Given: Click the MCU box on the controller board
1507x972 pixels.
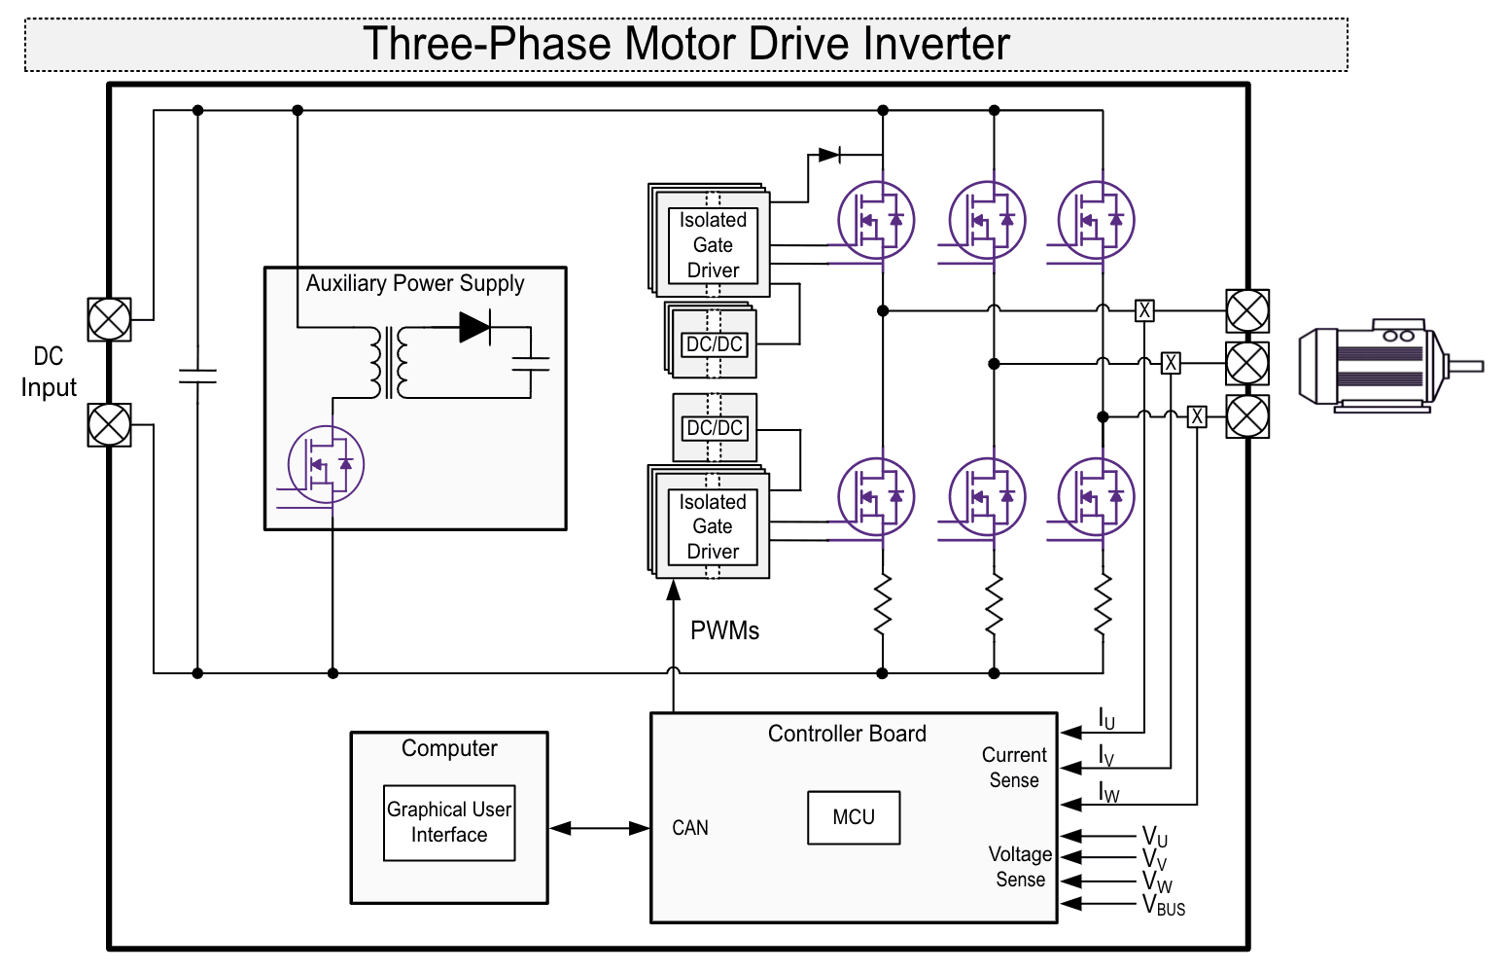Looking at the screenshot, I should pos(853,817).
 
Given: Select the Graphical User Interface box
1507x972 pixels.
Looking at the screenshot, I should pos(448,822).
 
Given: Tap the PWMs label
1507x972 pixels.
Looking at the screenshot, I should pos(724,630).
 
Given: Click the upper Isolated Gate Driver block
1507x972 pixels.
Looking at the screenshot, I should pos(713,244).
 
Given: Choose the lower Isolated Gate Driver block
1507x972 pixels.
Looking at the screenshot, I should pos(713,526).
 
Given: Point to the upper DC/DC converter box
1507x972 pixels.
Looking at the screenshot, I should pos(715,343).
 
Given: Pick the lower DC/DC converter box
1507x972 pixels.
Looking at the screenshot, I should pos(715,428).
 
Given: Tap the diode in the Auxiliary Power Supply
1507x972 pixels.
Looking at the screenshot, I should pos(474,327).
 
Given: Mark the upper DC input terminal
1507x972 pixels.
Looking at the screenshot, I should pos(109,319).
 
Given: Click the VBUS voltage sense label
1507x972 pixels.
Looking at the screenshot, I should pos(1163,906).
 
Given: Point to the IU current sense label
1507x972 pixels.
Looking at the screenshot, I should pos(1106,719).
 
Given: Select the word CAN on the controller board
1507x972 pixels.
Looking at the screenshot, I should pos(690,828).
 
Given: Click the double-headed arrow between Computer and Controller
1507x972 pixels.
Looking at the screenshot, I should pos(599,828).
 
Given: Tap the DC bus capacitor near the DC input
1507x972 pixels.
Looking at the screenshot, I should pos(197,377).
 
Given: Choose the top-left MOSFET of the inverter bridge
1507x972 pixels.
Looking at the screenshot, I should pos(876,221).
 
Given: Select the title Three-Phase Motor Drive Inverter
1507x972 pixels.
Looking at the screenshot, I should pos(685,45).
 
